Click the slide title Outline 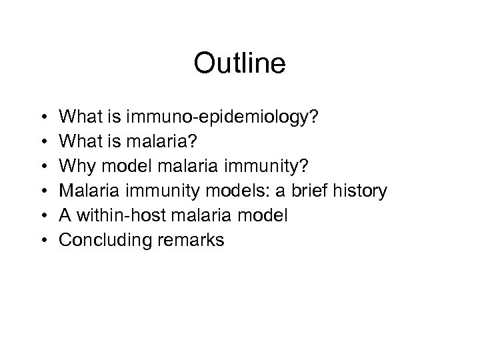click(239, 64)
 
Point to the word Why click(75, 167)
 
